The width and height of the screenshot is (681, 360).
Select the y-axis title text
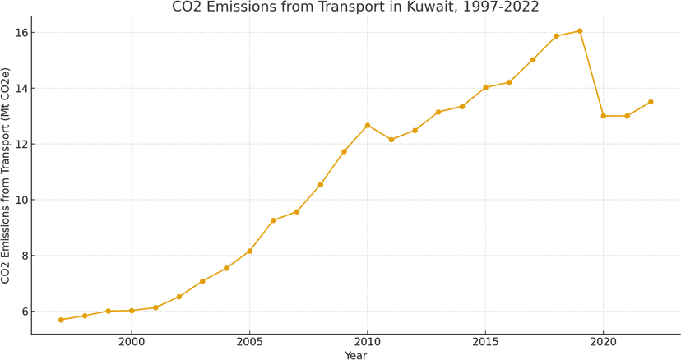click(x=7, y=176)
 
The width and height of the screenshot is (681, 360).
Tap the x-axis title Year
click(x=355, y=355)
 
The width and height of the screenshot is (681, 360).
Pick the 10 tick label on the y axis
click(x=18, y=200)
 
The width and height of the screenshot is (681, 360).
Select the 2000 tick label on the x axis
click(x=132, y=341)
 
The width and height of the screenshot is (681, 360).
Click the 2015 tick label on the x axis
click(x=485, y=341)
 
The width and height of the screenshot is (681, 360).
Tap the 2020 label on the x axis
click(x=603, y=341)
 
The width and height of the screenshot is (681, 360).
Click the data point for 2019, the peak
click(x=580, y=31)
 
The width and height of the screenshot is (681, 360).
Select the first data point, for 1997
click(x=61, y=320)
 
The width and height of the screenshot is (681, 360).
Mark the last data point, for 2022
click(x=651, y=102)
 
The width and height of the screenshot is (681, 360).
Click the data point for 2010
click(x=368, y=125)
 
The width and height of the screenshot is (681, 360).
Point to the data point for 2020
click(x=603, y=116)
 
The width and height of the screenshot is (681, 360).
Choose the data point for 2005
click(x=249, y=251)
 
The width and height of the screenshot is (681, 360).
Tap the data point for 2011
click(x=391, y=140)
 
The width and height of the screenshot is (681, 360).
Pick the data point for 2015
click(x=485, y=87)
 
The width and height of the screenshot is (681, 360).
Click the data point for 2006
click(x=273, y=220)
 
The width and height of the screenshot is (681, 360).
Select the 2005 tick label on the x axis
click(x=249, y=341)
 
